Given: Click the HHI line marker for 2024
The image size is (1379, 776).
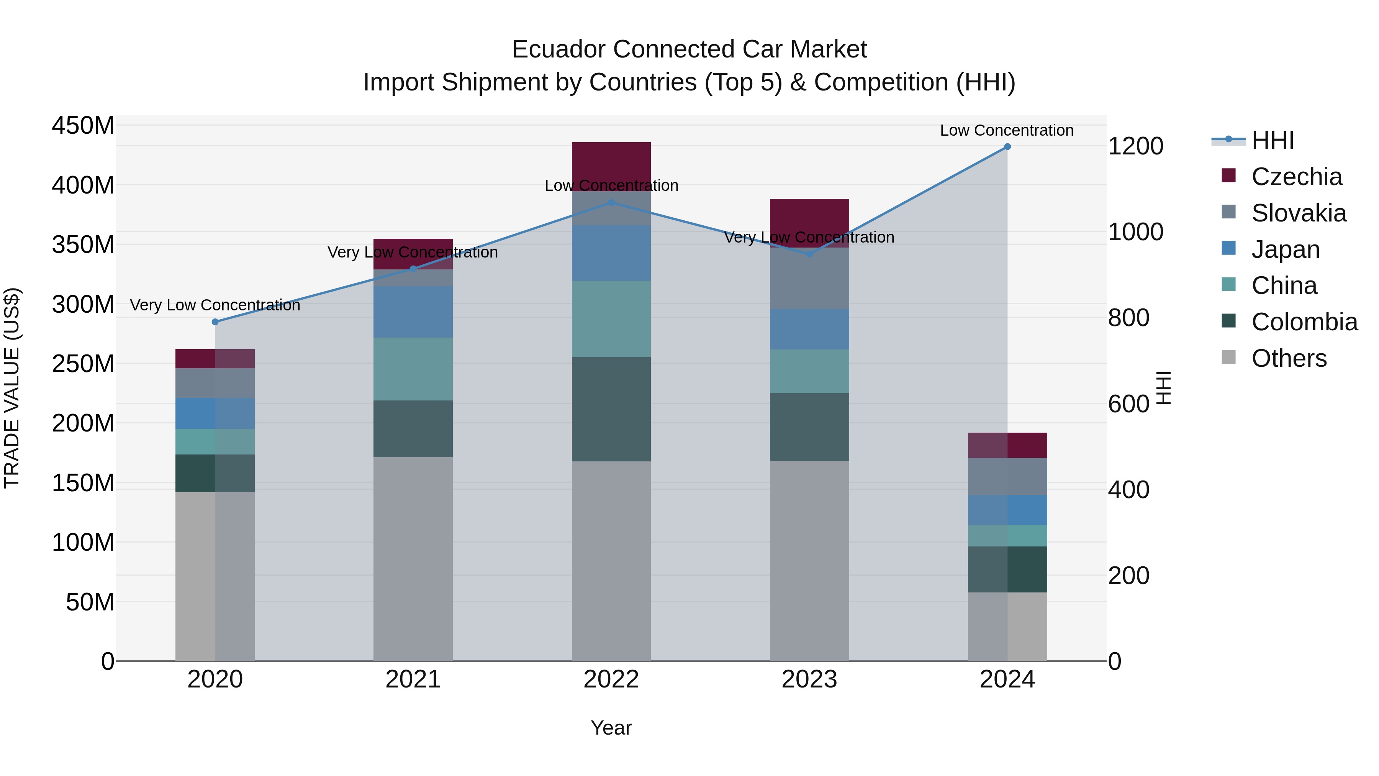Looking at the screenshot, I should (x=1007, y=147).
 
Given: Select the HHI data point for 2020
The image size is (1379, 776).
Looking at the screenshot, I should (x=215, y=322).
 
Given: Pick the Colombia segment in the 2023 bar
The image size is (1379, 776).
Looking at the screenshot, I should (x=809, y=427).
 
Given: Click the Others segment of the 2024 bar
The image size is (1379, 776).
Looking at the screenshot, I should (x=1007, y=626).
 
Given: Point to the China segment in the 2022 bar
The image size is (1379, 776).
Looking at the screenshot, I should (x=611, y=319).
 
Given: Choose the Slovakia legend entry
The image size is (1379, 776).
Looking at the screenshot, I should (x=1298, y=213).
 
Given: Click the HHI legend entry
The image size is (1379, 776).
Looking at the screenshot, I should (x=1273, y=140).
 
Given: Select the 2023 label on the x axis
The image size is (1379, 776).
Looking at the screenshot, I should (x=809, y=679).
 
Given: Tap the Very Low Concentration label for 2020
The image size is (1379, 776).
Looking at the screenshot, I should (x=215, y=305).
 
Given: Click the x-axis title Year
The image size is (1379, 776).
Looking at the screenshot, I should (x=611, y=728).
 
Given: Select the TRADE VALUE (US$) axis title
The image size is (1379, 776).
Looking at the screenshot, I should (x=12, y=388).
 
